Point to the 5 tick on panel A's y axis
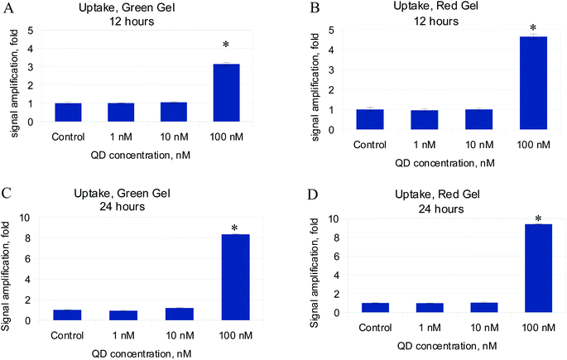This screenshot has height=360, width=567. click(x=32, y=31)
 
